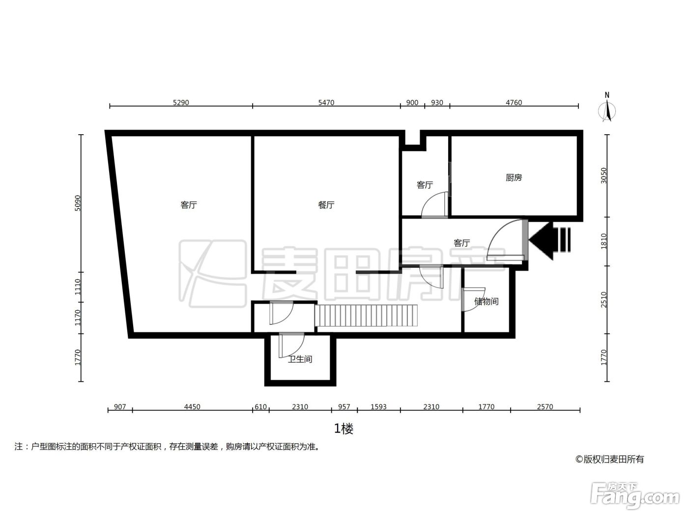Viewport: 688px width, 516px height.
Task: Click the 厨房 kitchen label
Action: [x=514, y=177]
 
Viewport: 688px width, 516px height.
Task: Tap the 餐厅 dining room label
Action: [x=326, y=205]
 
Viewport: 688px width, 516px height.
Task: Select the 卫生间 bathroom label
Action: [x=300, y=359]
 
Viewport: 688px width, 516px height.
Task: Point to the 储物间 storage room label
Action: [x=486, y=301]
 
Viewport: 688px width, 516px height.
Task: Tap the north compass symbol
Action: [x=607, y=108]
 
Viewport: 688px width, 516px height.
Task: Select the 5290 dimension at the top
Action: [x=181, y=102]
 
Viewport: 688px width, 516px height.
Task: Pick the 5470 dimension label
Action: [x=326, y=102]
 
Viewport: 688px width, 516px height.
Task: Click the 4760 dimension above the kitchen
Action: [x=514, y=102]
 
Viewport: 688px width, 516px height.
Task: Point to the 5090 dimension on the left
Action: [x=78, y=203]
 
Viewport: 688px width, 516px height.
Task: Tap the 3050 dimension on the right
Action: [x=603, y=175]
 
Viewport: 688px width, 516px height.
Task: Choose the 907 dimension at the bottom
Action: [x=120, y=407]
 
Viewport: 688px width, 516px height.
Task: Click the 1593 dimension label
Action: [x=378, y=407]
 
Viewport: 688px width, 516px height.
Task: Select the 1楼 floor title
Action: [x=344, y=429]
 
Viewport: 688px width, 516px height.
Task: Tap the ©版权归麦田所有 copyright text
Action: [x=610, y=459]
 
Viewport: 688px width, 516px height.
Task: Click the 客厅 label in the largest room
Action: [x=189, y=205]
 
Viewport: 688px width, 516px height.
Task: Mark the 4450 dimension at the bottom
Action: [x=192, y=407]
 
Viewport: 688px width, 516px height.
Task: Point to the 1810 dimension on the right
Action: [x=603, y=241]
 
